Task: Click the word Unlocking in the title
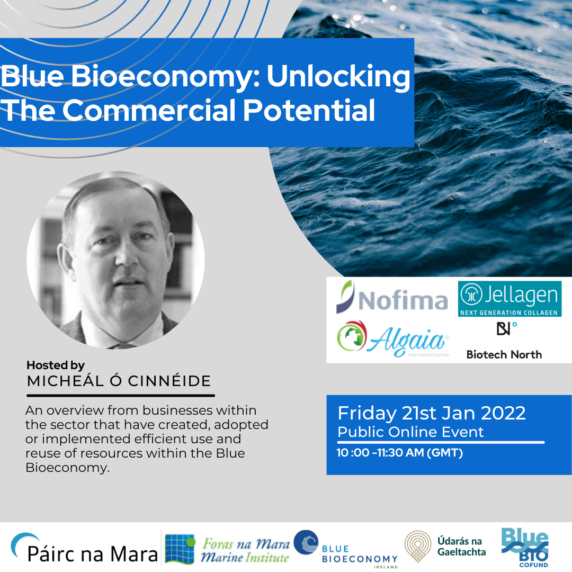pos(338,77)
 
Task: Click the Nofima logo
pos(392,298)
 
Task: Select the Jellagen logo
pos(510,298)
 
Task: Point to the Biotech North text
pos(504,354)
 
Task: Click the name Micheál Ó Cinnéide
pos(119,381)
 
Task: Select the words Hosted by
pos(56,365)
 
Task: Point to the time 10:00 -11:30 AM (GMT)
pos(399,453)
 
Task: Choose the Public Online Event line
pos(410,432)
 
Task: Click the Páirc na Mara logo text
pos(93,554)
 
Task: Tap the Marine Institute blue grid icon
pos(180,549)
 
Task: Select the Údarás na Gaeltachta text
pos(461,547)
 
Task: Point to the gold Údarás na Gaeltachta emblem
pos(418,546)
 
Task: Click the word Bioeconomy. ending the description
pos(67,467)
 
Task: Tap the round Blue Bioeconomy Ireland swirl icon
pos(306,542)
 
